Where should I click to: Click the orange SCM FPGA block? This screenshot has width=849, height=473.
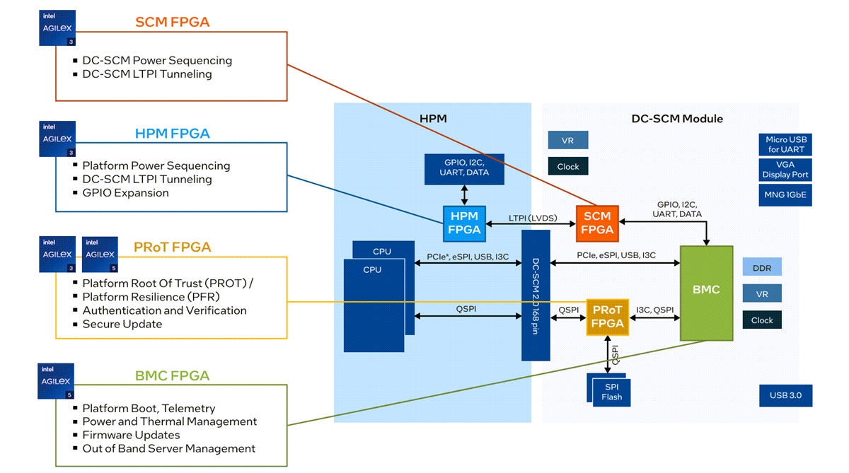pos(597,223)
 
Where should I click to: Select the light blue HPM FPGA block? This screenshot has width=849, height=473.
pos(463,223)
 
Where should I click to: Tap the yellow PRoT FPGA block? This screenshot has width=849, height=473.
pos(607,317)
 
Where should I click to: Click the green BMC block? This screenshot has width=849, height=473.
pos(706,293)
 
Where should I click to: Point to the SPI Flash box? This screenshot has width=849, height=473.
pos(611,392)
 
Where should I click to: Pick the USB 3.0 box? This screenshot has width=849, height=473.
pos(785,395)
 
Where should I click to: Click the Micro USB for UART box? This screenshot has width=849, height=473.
pos(785,144)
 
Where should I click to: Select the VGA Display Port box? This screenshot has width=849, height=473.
pos(785,170)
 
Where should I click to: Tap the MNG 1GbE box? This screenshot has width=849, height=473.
pos(785,195)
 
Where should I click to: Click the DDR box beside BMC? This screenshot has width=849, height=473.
pos(762,267)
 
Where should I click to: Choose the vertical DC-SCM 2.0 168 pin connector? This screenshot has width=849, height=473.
pos(536,295)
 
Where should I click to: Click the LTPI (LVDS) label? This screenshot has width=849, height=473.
pos(533,218)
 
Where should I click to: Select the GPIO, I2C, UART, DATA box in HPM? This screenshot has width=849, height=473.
pos(464,168)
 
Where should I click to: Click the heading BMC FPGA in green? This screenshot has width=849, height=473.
pos(172,375)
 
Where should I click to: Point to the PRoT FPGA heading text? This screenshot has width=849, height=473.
pos(172,247)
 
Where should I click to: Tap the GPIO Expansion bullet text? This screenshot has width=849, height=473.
pos(125,192)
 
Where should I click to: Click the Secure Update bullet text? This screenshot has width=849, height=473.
pos(122,324)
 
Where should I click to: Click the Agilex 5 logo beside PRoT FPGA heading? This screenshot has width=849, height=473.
pos(99,255)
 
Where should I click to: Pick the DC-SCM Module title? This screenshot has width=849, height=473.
pos(676,119)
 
